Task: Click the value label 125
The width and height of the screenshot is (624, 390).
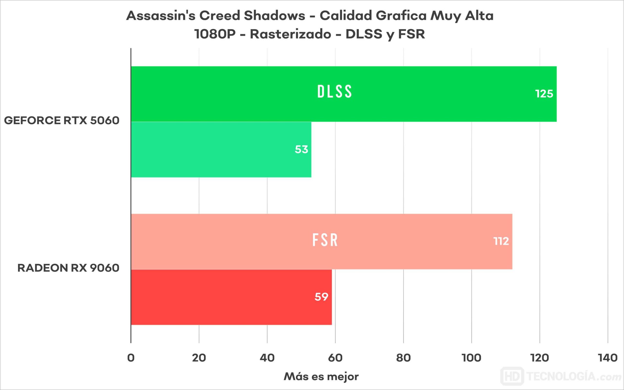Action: pos(544,94)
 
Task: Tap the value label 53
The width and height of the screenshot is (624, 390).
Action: pos(302,150)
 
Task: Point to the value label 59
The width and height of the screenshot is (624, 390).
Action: pos(321,297)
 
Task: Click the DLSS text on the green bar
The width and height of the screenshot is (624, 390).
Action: pos(334,92)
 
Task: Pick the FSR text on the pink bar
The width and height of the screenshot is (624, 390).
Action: pos(325,240)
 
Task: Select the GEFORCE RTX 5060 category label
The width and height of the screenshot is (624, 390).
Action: pos(62,120)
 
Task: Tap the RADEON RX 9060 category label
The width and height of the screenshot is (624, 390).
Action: pos(68,268)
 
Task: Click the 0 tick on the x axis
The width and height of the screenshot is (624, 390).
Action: pos(131,358)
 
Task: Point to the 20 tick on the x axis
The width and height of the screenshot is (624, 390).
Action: pos(199,358)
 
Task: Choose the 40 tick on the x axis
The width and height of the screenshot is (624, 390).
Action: pos(267,358)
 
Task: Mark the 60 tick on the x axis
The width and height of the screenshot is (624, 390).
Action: pos(335,358)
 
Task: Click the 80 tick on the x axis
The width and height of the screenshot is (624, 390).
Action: pos(403,358)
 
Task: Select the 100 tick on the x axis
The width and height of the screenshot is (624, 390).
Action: pos(471,358)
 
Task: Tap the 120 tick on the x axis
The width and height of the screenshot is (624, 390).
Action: pos(540,358)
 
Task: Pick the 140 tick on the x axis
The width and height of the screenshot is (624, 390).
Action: pos(608,358)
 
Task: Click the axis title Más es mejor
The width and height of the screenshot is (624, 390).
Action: pos(321,377)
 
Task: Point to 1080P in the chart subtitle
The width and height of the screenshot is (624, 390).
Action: pos(215,34)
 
